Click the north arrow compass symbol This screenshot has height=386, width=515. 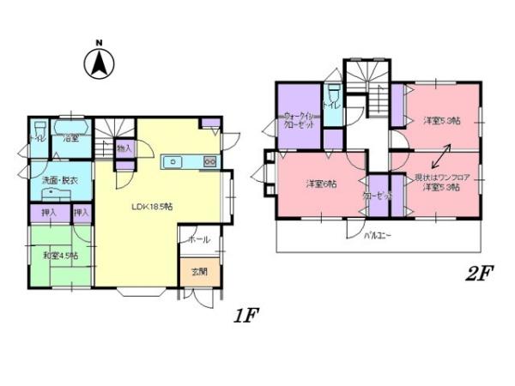[x=100, y=61]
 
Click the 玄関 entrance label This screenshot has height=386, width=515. [x=198, y=272]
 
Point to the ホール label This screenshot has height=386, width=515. [x=199, y=239]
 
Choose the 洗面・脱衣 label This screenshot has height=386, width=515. [x=60, y=181]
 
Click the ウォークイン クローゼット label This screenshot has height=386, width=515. [x=299, y=120]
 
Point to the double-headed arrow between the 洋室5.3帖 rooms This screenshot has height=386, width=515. [x=443, y=157]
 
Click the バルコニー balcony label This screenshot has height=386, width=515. [x=379, y=234]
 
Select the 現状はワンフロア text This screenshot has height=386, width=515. [x=443, y=177]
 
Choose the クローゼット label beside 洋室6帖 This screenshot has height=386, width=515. [x=378, y=196]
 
